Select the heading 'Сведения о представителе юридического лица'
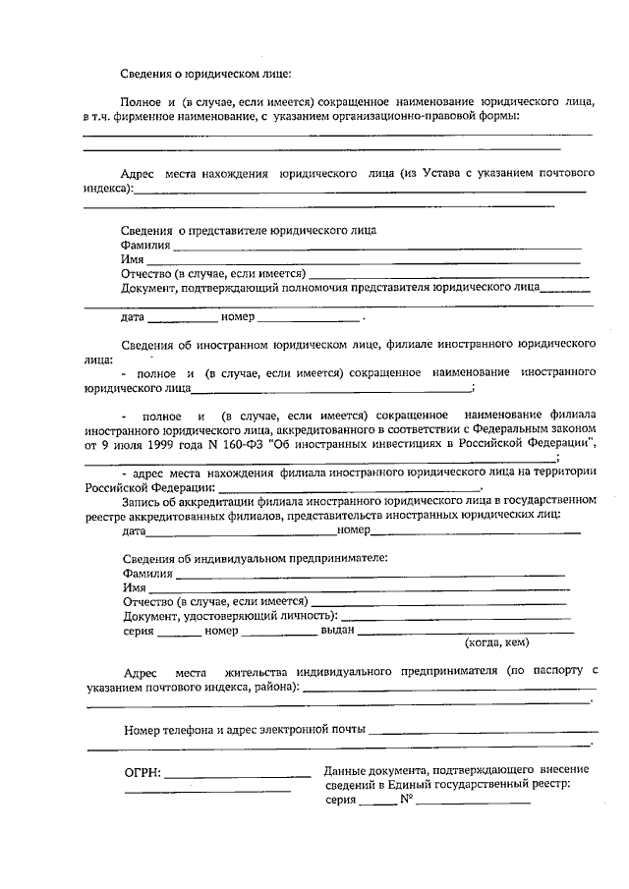coord(249,230)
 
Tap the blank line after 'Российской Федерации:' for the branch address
coord(349,487)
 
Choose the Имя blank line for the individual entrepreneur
coord(364,588)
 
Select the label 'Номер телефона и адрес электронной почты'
coord(245,730)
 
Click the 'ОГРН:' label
coord(143,773)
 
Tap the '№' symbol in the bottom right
coord(404,801)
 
